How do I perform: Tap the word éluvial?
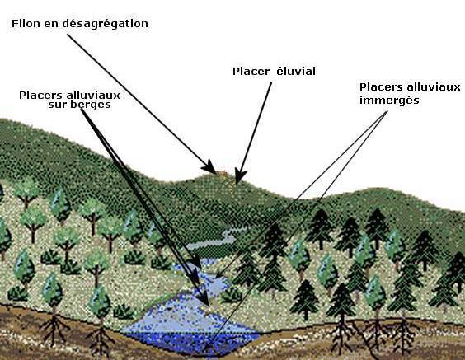(x=296, y=71)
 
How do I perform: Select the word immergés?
(x=389, y=101)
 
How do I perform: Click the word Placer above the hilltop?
(x=251, y=72)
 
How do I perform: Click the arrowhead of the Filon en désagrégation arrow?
(x=210, y=167)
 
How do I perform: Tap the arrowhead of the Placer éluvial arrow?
(x=240, y=176)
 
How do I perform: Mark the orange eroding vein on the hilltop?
(x=222, y=174)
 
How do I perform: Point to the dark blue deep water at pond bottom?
(x=193, y=341)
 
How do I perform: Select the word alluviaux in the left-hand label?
(x=93, y=96)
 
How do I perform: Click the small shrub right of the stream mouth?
(x=232, y=295)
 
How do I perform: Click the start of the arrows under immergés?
(x=387, y=112)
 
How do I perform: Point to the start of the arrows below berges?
(x=82, y=109)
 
